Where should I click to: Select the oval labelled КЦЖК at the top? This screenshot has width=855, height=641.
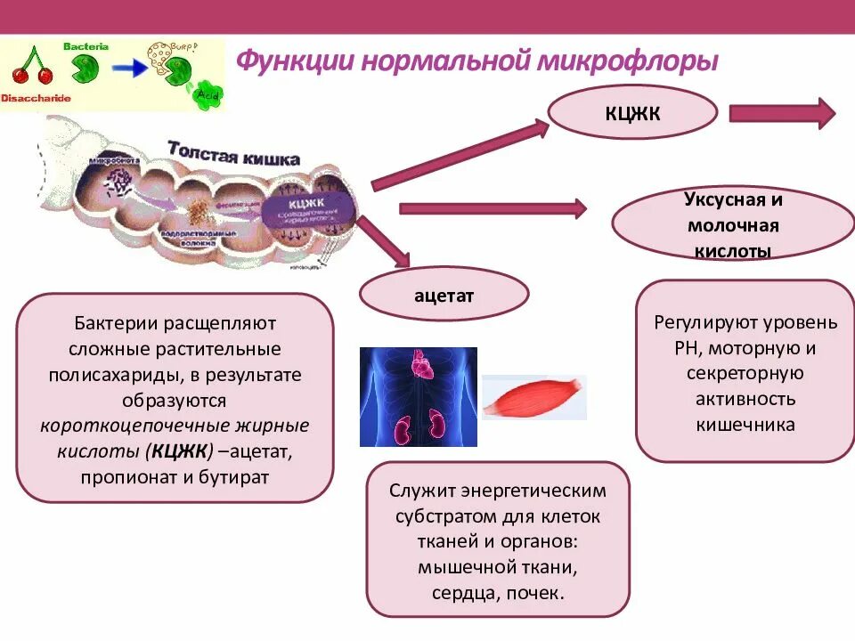tap(632, 114)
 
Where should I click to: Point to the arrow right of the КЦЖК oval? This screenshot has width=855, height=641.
tap(782, 114)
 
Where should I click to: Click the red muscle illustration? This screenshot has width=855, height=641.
tap(533, 397)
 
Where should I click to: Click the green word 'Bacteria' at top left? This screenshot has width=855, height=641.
tap(85, 45)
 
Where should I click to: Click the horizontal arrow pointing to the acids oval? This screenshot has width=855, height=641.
tap(493, 209)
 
